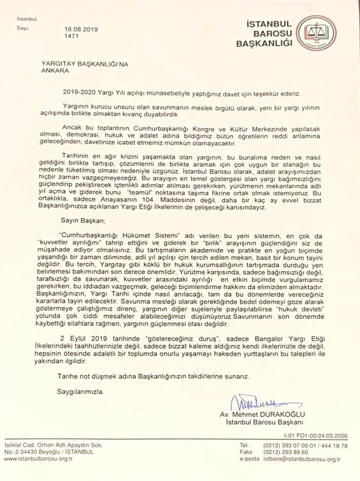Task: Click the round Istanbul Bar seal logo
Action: [317, 33]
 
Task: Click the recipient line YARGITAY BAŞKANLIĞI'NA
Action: [80, 64]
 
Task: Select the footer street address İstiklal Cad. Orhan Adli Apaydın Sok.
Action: [53, 445]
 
